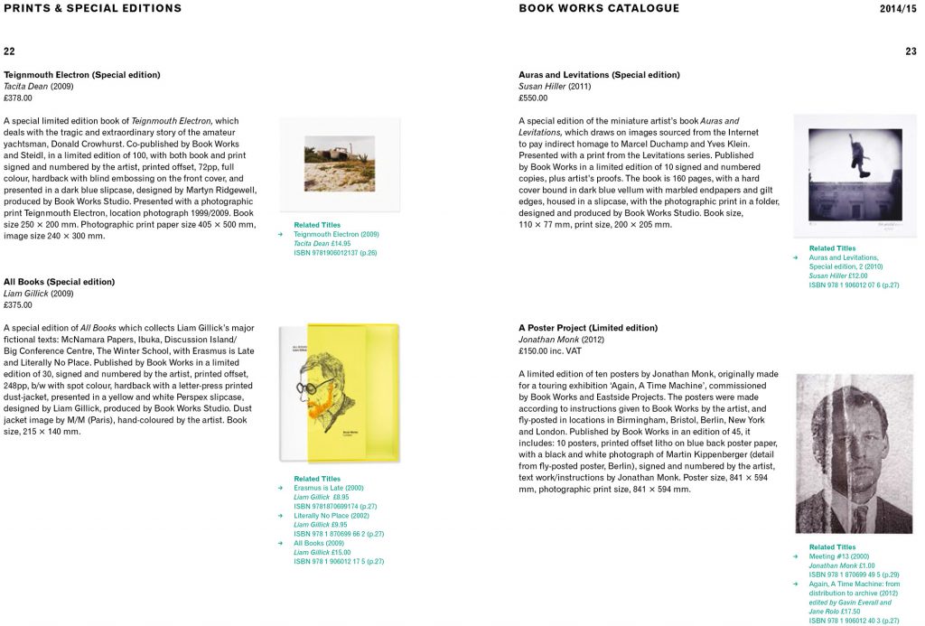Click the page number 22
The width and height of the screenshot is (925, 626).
9,51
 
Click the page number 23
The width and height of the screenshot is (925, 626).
911,51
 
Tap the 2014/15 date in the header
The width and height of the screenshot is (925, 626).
899,9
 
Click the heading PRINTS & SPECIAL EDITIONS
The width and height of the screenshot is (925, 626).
92,9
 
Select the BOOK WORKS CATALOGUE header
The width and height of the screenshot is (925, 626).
599,9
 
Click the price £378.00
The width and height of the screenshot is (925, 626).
18,98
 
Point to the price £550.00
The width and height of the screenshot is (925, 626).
533,98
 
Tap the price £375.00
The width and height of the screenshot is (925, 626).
18,305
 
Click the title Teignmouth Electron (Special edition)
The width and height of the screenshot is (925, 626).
82,75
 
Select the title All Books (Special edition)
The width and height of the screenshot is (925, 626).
59,282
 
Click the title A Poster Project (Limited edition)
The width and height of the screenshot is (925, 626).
588,328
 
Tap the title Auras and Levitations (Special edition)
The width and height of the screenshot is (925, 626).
599,75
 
